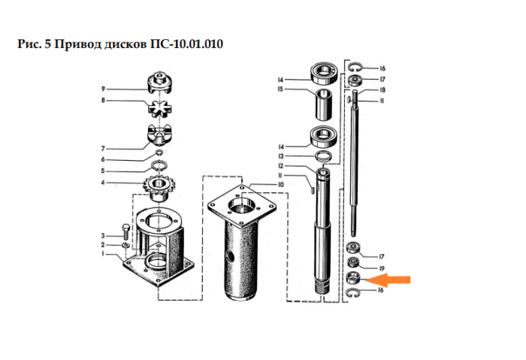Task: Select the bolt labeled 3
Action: (x=126, y=231)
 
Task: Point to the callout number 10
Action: (x=280, y=185)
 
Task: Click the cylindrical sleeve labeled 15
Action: (x=324, y=104)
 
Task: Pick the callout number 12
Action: (x=280, y=166)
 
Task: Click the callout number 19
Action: (x=382, y=268)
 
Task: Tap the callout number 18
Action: (x=382, y=90)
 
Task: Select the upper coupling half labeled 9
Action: (x=160, y=82)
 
